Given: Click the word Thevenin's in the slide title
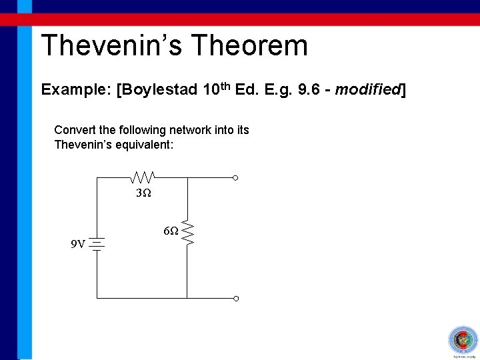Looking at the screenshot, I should [x=111, y=46].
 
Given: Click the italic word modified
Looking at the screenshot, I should [x=367, y=89].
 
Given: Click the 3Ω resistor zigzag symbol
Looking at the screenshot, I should [x=143, y=177].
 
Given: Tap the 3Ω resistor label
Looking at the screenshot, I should [x=143, y=193].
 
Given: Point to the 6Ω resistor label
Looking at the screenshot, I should [x=171, y=231].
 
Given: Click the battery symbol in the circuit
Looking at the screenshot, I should [x=97, y=244].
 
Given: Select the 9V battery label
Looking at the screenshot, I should [x=78, y=244].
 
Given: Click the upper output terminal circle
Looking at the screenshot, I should [x=235, y=178].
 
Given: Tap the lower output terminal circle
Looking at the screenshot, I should [x=235, y=299].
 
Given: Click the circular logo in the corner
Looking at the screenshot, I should [x=461, y=340].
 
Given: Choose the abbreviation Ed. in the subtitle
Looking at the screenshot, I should [x=261, y=89].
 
